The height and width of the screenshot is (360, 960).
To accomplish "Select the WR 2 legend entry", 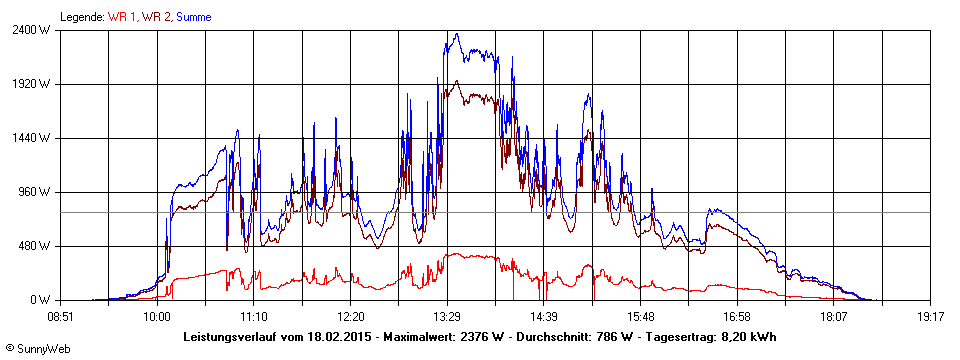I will [x=155, y=17].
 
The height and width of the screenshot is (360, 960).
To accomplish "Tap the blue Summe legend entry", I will [x=194, y=17].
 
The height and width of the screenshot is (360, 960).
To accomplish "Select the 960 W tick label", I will [x=38, y=192].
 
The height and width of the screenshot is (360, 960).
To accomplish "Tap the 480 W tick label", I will [x=38, y=246].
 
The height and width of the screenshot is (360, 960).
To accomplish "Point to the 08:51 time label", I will [x=61, y=316].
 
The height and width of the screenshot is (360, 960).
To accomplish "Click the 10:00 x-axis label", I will [x=157, y=316].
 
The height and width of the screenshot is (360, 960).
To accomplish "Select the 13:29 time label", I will [x=447, y=316].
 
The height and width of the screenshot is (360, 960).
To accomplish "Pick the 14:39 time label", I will [x=543, y=316].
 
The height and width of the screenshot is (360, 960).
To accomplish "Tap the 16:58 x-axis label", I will [x=737, y=316].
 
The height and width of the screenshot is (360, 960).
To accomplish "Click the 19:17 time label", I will [x=930, y=316].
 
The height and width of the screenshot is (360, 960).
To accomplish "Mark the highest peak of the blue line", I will [x=456, y=34].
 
